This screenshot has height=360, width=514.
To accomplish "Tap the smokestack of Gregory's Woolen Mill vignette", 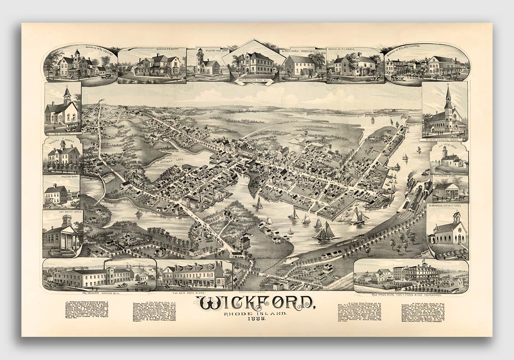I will [104, 264].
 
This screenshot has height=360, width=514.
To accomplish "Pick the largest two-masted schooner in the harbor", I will [325, 231].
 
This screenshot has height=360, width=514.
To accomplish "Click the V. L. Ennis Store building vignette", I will [446, 192].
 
